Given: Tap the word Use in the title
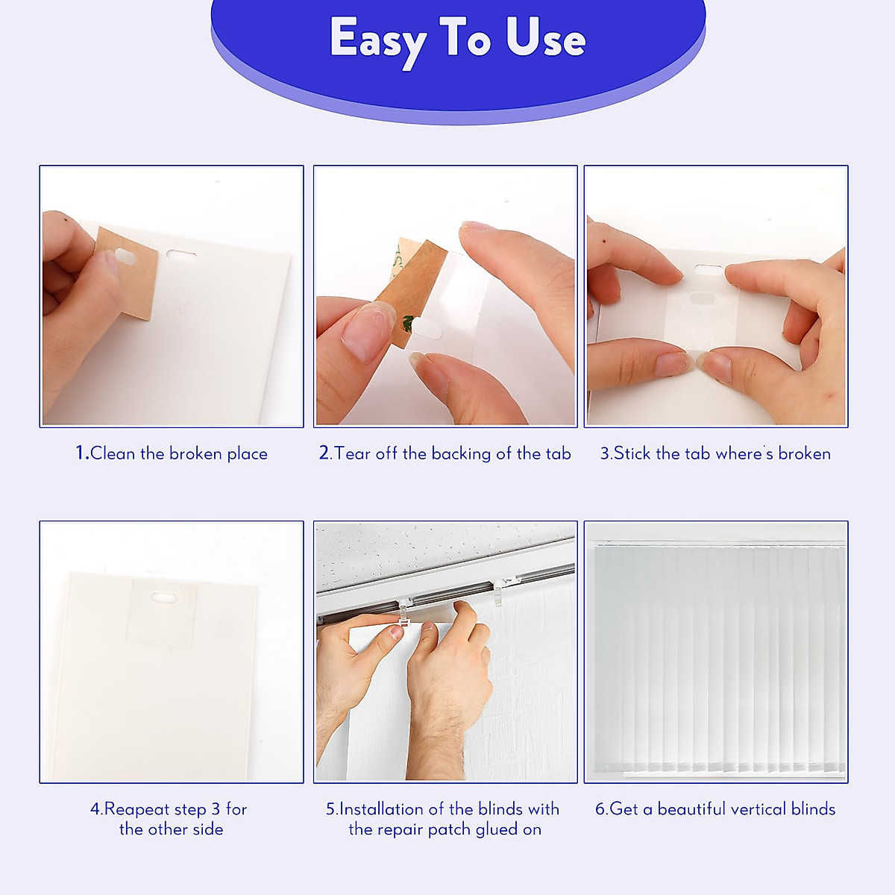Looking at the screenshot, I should pos(545,38).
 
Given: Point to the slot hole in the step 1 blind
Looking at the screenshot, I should pos(181,255).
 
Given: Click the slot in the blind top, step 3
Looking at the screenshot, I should pos(708,269).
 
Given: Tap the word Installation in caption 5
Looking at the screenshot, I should pos(381,809).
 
